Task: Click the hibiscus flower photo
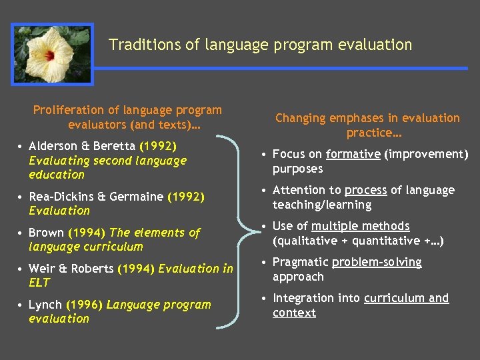pos(53,54)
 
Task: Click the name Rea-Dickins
pos(60,197)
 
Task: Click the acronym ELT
pos(39,283)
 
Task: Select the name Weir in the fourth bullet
pos(41,269)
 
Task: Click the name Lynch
pos(45,305)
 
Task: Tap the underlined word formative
pos(353,155)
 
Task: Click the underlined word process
pos(365,190)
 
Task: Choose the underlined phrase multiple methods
pos(360,226)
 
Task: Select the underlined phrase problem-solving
pos(377,262)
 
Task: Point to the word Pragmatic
pos(300,262)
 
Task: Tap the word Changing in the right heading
pos(301,118)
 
